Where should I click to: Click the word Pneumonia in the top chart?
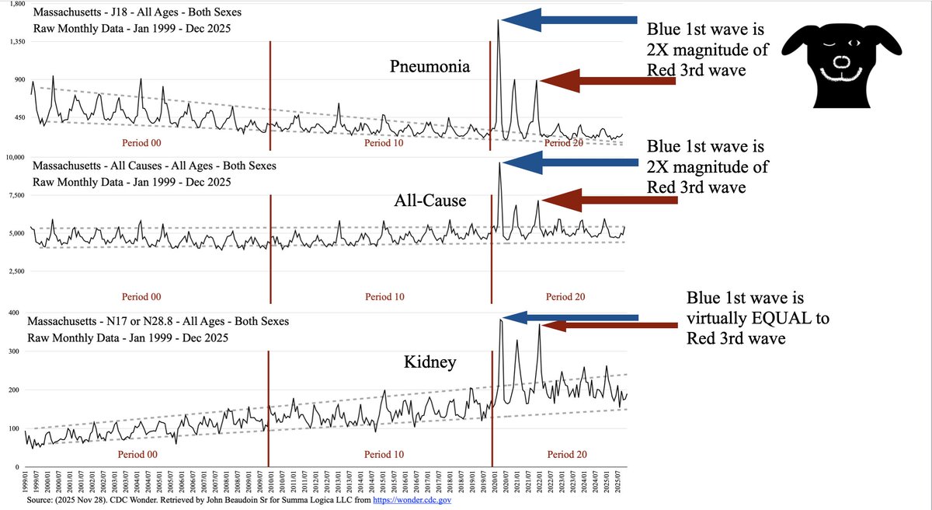[x=429, y=67]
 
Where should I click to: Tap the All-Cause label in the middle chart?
[x=429, y=201]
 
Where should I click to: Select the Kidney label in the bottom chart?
[x=429, y=362]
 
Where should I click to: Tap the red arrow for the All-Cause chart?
[x=607, y=200]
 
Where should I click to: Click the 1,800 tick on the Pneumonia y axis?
[x=16, y=5]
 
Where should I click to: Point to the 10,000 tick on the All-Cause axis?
[x=15, y=157]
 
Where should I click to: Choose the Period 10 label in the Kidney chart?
[x=384, y=455]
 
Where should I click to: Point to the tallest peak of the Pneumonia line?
[x=498, y=20]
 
